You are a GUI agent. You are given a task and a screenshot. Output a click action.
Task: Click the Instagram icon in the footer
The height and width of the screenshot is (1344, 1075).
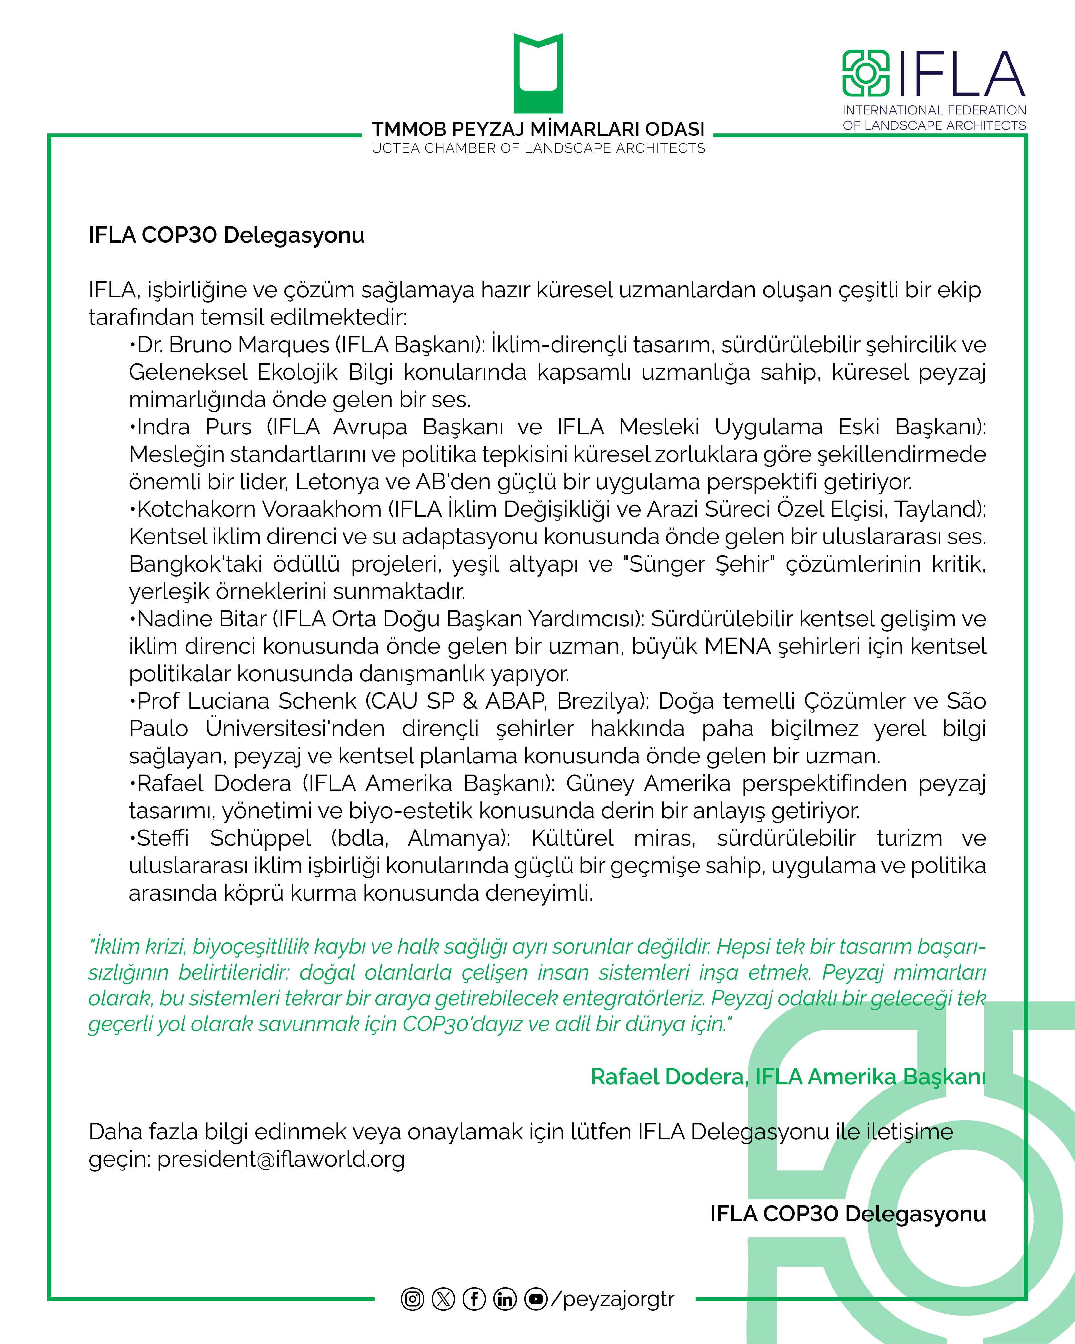click(412, 1299)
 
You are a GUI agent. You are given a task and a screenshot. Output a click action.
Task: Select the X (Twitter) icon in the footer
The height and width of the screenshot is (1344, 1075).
click(443, 1299)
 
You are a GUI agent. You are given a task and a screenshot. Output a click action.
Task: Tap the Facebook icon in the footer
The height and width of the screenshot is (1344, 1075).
click(474, 1299)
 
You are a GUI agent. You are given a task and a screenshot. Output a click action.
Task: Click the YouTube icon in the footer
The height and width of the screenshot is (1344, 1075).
click(536, 1299)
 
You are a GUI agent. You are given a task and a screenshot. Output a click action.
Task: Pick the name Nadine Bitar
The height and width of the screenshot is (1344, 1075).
click(201, 619)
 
